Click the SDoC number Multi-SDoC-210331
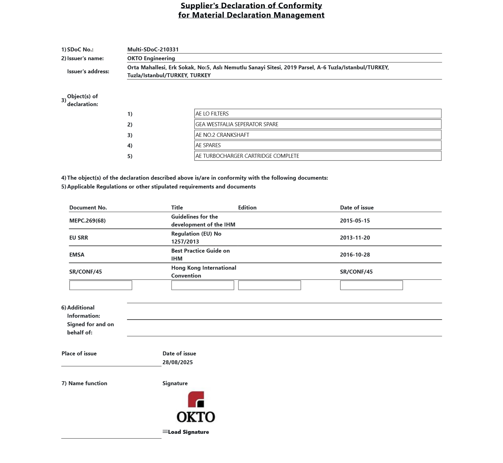[153, 49]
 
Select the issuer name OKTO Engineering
[151, 58]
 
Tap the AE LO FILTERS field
[318, 114]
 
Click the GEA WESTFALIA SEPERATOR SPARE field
[318, 124]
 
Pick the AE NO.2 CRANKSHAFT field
[318, 135]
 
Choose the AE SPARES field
[318, 145]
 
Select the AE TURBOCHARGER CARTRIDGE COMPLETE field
[318, 156]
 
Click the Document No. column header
[88, 208]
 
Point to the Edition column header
[247, 208]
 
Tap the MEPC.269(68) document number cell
[88, 221]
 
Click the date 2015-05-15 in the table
[355, 221]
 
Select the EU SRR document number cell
[79, 238]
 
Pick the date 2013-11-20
[355, 238]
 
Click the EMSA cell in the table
[77, 255]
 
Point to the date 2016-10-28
[355, 255]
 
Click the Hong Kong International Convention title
[203, 272]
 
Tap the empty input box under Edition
[269, 285]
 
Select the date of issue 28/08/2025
[177, 362]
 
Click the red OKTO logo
[196, 407]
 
